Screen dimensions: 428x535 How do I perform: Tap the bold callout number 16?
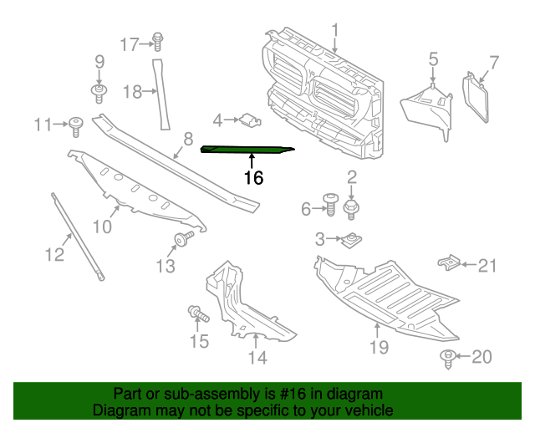[253, 177]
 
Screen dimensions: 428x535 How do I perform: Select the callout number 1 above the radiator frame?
[335, 32]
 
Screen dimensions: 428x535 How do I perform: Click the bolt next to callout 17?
[157, 41]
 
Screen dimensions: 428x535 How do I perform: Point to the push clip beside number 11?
[78, 127]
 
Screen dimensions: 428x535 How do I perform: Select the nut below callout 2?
[351, 206]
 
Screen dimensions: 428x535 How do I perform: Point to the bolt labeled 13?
[181, 242]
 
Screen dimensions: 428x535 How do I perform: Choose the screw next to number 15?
[197, 315]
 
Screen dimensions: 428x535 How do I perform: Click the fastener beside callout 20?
[449, 359]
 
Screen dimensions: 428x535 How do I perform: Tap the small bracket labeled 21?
[451, 263]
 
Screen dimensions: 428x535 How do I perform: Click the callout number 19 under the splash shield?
[379, 345]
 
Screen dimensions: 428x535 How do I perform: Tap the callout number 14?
[257, 358]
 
